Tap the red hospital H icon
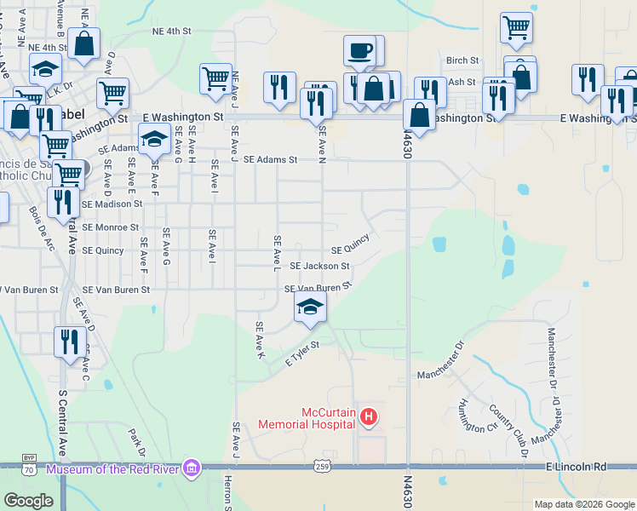click(369, 416)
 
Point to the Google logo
click(29, 500)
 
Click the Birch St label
click(462, 60)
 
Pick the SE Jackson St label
click(319, 266)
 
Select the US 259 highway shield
click(322, 467)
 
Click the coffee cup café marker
click(359, 49)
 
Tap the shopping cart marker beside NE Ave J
click(216, 78)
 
